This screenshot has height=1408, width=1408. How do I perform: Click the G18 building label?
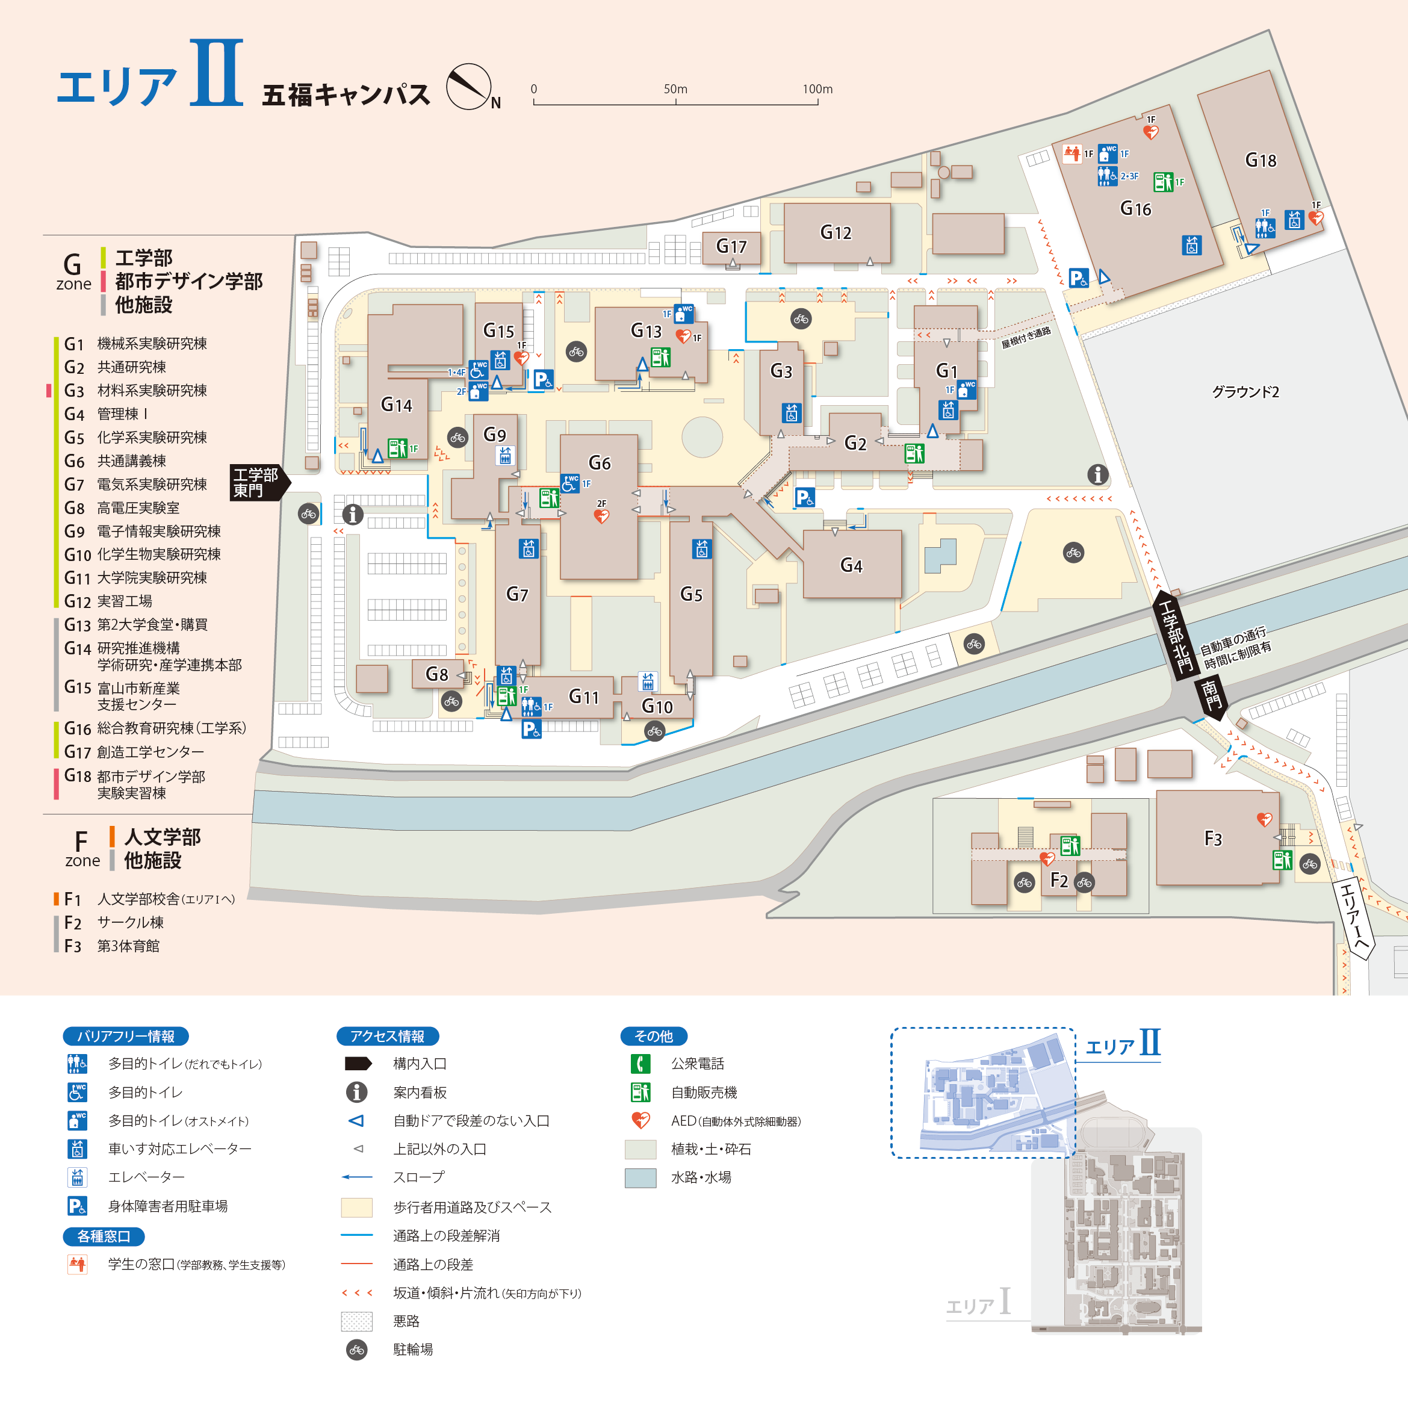tap(1260, 160)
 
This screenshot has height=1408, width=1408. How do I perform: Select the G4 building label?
tap(851, 565)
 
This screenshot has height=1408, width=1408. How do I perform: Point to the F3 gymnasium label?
tap(1213, 839)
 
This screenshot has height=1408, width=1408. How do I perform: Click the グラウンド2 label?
tap(1245, 392)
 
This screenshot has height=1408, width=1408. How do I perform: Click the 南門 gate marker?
tap(1211, 695)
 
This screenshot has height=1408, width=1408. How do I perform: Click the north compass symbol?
tap(468, 87)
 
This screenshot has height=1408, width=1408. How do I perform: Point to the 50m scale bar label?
tap(675, 89)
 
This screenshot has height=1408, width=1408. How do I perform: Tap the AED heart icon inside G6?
tap(601, 516)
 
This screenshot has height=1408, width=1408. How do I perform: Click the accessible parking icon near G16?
tap(1079, 278)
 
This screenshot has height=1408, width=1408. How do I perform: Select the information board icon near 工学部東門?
tap(353, 515)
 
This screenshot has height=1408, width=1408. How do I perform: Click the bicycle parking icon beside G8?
tap(452, 702)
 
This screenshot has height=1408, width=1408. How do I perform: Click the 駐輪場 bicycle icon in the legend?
tap(356, 1350)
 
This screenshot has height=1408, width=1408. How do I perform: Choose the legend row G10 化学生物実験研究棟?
tap(143, 554)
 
